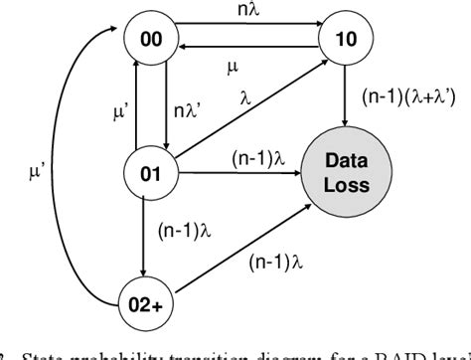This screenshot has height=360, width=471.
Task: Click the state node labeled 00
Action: point(153,41)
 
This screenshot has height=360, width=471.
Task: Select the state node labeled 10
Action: point(345,41)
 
